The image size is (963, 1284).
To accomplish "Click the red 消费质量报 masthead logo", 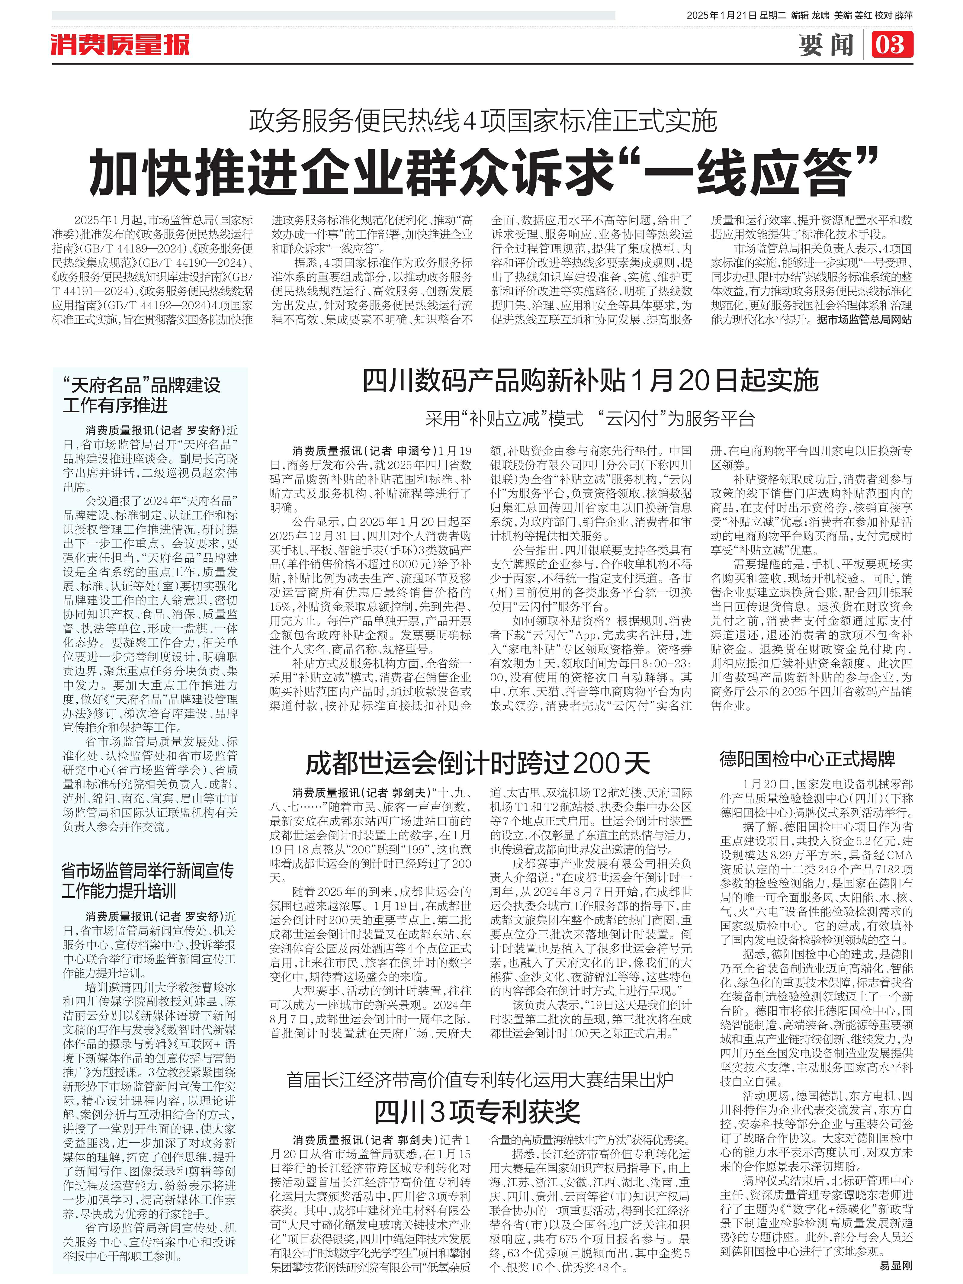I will point(120,45).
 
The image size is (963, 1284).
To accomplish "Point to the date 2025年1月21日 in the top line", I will point(721,16).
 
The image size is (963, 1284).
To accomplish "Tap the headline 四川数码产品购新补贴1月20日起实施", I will point(590,381).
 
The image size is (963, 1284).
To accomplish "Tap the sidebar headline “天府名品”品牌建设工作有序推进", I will point(142,395).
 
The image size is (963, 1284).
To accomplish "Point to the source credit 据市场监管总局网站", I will point(864,320).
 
